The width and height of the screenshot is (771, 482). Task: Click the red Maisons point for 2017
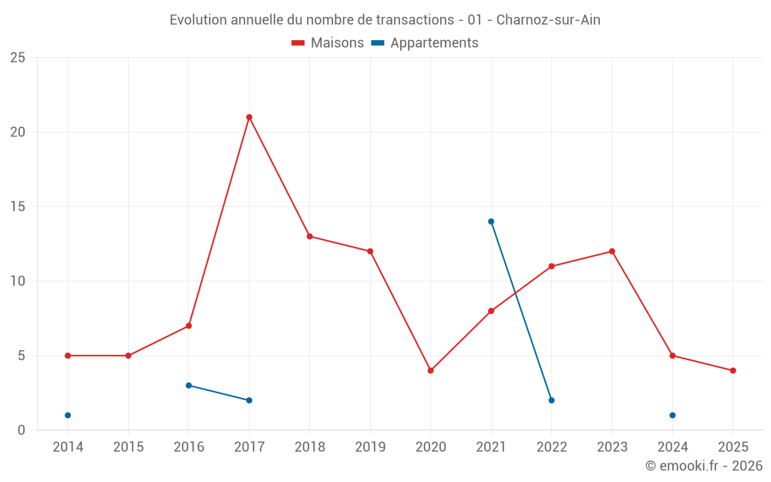pos(249,117)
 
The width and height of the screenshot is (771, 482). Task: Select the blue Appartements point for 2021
pos(491,221)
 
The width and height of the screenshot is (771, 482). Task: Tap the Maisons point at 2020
pos(430,371)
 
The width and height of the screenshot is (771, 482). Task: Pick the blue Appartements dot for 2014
pos(68,416)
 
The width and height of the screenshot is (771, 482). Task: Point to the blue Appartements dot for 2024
pos(672,416)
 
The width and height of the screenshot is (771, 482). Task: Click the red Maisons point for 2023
pos(612,251)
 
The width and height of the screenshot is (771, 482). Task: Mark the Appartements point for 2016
pos(189,386)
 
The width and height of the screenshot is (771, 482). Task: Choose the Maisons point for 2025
pos(733,371)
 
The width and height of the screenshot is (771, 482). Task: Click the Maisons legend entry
pos(328,43)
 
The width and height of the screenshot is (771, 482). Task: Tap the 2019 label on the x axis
pos(370,447)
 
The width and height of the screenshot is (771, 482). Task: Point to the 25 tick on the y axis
pos(18,58)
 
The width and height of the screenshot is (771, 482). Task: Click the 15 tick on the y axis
pos(18,207)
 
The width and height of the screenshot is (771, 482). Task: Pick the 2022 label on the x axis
pos(551,447)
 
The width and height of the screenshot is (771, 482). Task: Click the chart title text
pos(385,20)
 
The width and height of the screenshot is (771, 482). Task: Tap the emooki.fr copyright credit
pos(703,466)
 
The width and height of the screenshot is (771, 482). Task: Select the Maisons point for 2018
pos(310,237)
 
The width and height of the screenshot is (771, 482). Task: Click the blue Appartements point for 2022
pos(551,400)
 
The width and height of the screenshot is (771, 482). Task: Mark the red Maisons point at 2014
pos(68,356)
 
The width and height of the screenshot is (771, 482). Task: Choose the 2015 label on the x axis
pos(128,447)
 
